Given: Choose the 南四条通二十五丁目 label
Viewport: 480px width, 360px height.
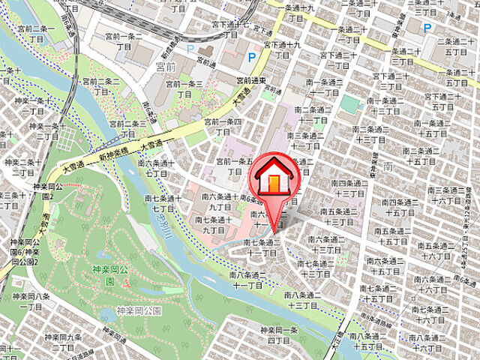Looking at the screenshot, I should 397,207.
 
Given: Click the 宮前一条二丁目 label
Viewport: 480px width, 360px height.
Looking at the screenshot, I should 124,40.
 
